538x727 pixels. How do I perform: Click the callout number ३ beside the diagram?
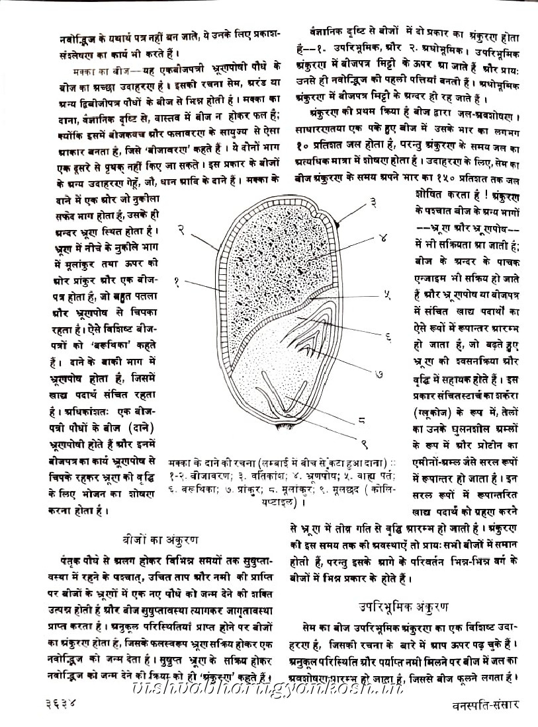pos(373,202)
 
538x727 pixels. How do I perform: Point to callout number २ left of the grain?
pos(179,230)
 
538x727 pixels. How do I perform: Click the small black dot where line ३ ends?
pos(337,225)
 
